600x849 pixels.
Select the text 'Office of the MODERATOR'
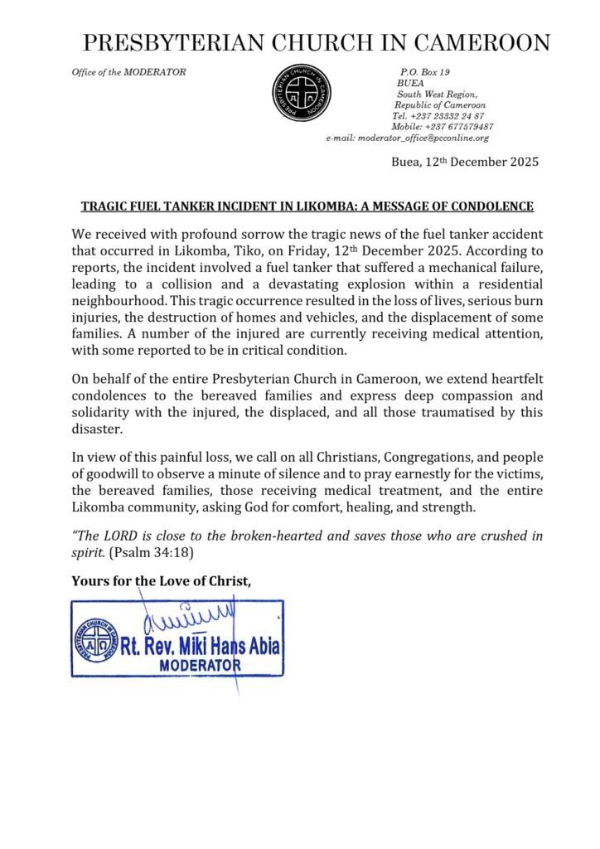[128, 72]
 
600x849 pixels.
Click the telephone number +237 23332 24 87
[439, 116]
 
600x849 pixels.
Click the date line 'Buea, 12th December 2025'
[464, 163]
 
